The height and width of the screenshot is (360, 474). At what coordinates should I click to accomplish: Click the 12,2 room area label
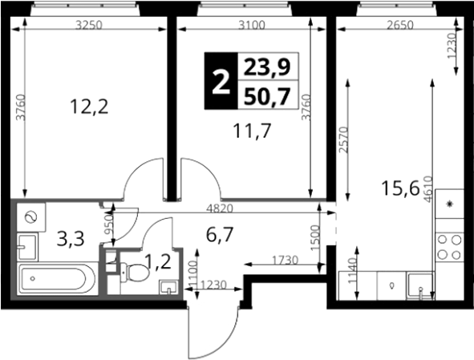[x=89, y=107]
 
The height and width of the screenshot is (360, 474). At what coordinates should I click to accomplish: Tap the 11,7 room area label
[x=252, y=131]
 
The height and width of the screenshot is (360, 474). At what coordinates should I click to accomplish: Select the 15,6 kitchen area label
[x=400, y=188]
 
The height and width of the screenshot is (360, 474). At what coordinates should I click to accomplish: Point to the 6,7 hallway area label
[x=220, y=235]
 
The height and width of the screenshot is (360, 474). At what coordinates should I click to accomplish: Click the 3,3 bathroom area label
[x=71, y=239]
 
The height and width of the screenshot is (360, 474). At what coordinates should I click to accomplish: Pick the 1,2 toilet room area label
[x=158, y=261]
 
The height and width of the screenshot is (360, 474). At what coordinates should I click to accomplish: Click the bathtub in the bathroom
[x=57, y=279]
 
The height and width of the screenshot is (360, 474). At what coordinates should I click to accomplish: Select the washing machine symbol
[x=31, y=217]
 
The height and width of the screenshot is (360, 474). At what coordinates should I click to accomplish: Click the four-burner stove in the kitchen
[x=449, y=247]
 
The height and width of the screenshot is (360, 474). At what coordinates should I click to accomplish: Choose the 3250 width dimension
[x=89, y=26]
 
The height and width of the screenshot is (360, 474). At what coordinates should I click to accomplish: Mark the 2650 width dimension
[x=399, y=26]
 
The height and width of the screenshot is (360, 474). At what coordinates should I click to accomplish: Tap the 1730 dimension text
[x=285, y=260]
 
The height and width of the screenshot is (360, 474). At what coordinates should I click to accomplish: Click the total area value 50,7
[x=267, y=96]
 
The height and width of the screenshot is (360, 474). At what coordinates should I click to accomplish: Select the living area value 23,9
[x=267, y=67]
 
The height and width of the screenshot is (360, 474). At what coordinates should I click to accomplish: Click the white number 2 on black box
[x=221, y=81]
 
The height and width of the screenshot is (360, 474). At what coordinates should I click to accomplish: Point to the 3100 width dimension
[x=252, y=26]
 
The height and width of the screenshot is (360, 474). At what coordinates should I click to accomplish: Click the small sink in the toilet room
[x=168, y=286]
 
